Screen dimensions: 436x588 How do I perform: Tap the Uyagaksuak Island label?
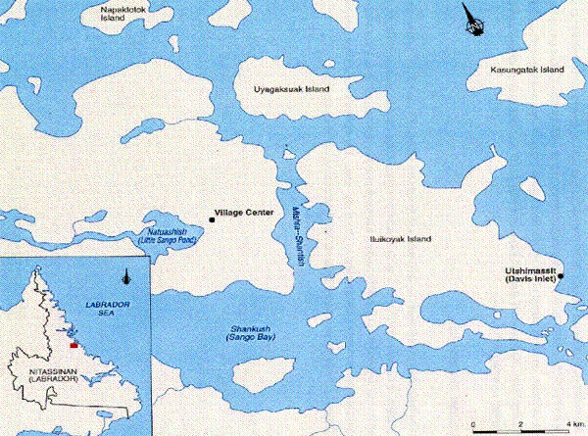coord(291,89)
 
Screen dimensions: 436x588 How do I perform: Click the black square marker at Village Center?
coord(211,211)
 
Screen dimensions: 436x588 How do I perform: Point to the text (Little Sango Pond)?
coord(163,240)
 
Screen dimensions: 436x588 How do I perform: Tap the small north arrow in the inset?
coord(128,276)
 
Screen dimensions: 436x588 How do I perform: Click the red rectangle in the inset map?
coord(73,345)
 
